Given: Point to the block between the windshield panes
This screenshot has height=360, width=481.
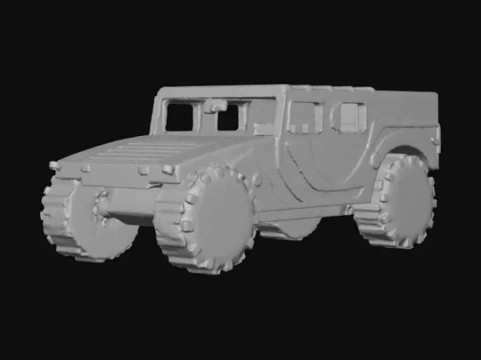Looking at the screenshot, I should click(x=215, y=106).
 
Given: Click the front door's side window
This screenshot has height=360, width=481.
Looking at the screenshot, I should click(x=304, y=117).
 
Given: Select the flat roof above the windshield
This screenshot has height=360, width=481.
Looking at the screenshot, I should click(x=220, y=92).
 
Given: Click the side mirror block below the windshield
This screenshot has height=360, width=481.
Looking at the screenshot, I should click(x=264, y=128).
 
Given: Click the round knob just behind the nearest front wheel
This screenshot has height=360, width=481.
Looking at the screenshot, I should click(x=257, y=180).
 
